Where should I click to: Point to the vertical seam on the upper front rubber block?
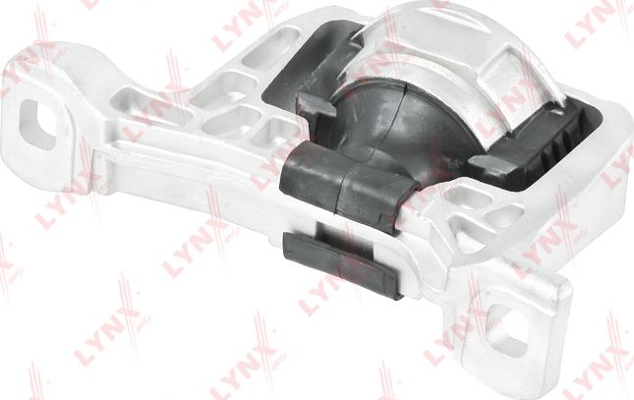340,182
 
